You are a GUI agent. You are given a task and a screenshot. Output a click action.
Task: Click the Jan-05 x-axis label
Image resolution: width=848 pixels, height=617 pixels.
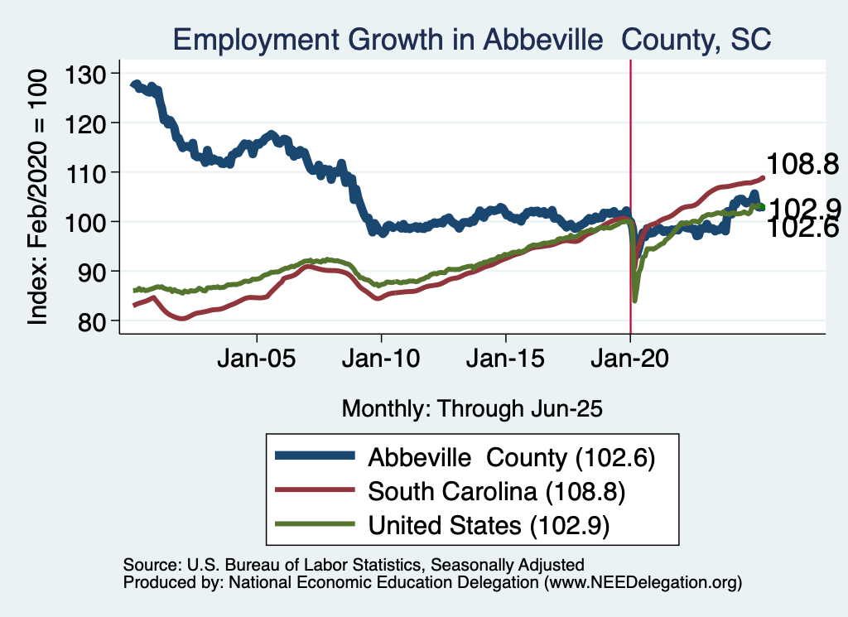pos(257,362)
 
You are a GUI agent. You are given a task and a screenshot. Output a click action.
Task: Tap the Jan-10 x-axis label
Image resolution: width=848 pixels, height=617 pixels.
pos(381,362)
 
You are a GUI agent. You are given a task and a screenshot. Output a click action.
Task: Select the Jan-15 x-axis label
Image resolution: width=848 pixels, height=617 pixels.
pos(506,362)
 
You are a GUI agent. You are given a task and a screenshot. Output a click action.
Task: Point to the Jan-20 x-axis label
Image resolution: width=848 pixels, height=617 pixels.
pos(630,362)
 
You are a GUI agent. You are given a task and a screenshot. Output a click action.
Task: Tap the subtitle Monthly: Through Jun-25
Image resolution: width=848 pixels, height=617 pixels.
pos(471,408)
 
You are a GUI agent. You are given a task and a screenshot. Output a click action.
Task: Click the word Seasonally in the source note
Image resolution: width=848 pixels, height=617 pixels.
pos(477,565)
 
